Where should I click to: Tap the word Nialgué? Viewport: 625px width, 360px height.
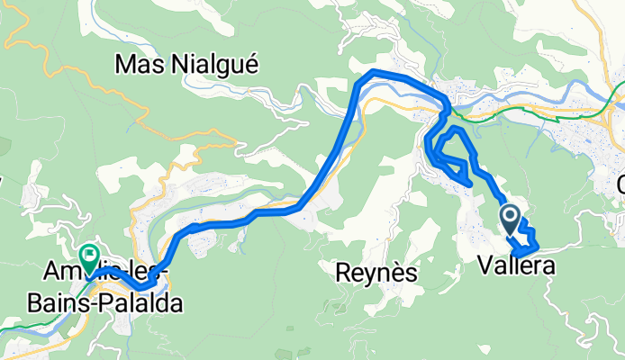[213, 65]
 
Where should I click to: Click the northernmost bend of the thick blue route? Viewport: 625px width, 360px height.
[374, 71]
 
